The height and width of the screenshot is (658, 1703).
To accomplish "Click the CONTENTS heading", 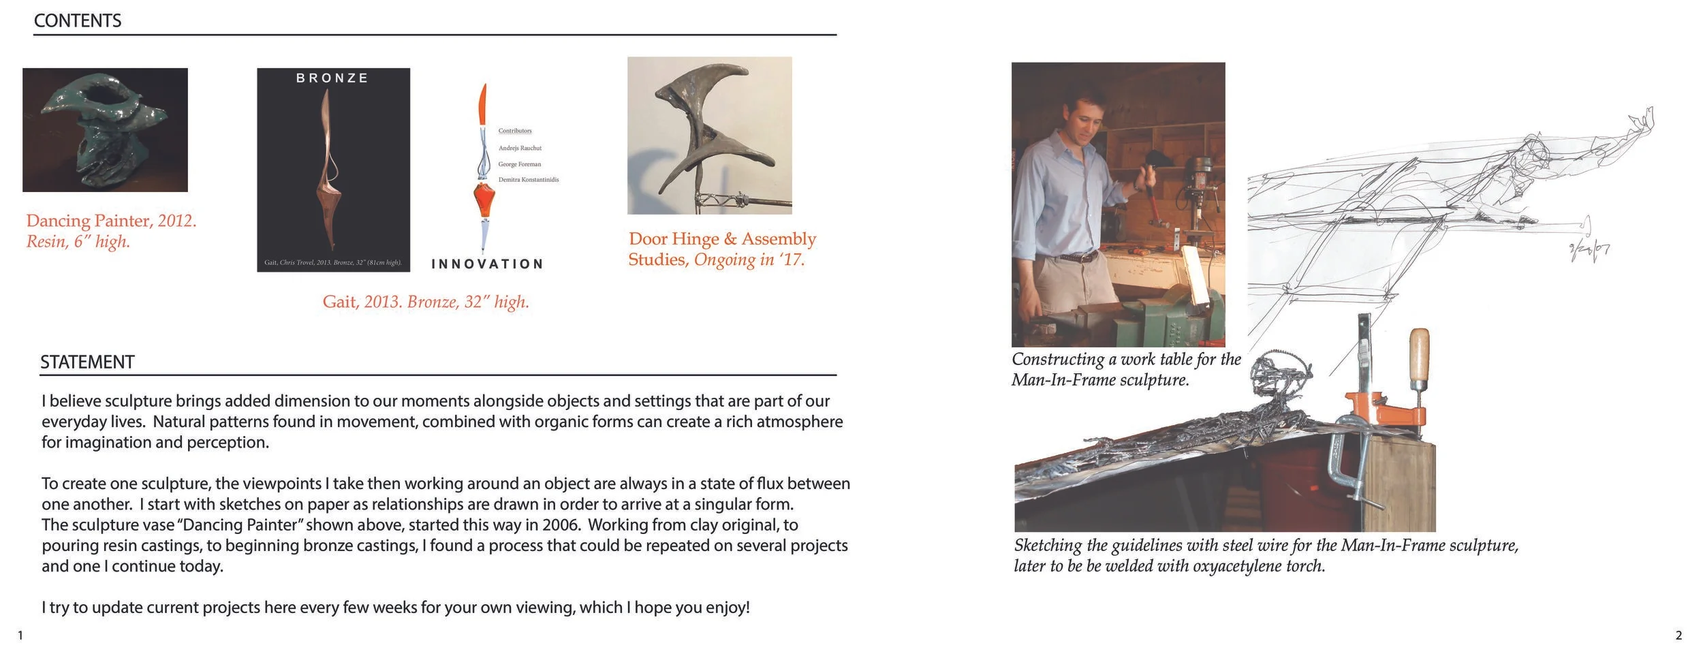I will coord(77,21).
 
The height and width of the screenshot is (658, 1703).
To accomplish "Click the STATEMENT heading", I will coord(87,362).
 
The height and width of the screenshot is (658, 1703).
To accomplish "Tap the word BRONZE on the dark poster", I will coord(332,78).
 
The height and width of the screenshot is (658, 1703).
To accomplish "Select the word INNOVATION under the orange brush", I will coord(487,264).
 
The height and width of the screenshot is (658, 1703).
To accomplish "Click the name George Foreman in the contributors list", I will coord(519,164).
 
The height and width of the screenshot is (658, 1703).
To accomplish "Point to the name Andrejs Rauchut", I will coord(520,148).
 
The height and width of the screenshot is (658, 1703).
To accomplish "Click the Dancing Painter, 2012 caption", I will coord(111,221).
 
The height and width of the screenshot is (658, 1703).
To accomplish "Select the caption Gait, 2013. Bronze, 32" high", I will coord(426,302).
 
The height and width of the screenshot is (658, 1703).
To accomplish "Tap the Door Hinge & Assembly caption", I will coord(722,239).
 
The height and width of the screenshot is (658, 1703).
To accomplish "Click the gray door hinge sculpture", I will coord(708,129).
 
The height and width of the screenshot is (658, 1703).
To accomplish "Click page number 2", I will coord(1678,636).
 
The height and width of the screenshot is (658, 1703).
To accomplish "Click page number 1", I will coord(20,636).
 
